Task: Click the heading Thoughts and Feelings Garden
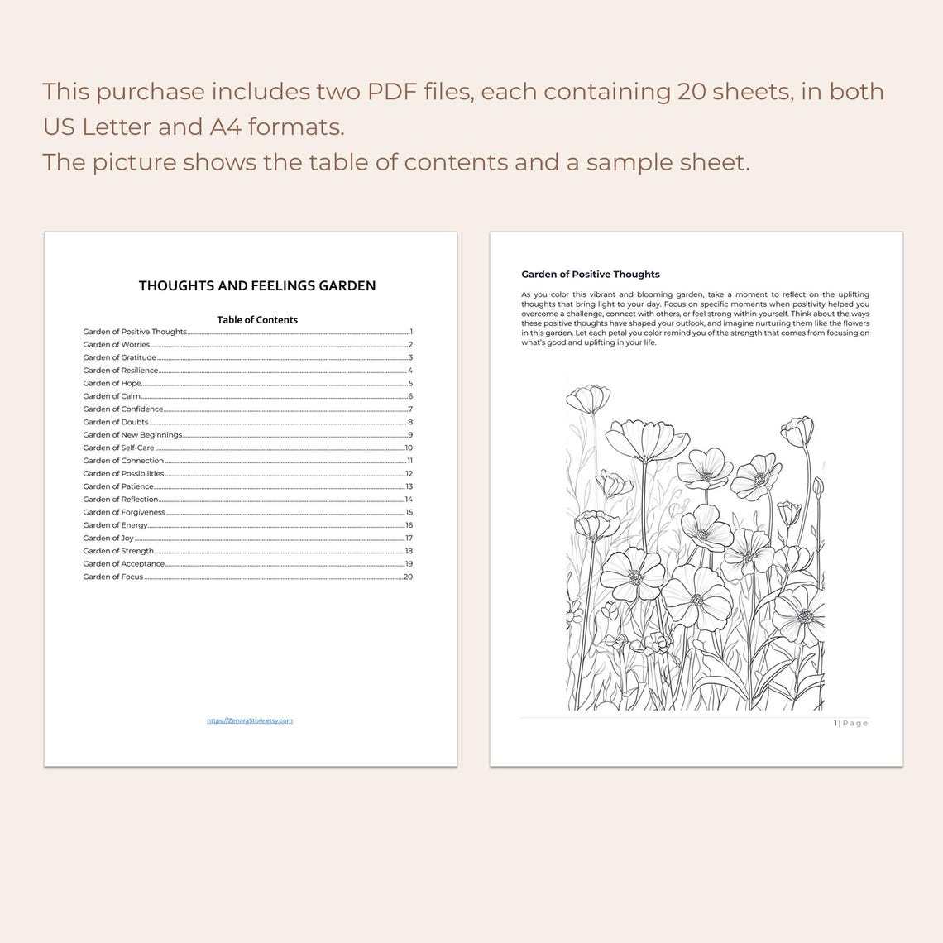257,285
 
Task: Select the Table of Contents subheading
257,319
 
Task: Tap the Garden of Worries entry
117,345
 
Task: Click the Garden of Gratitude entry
120,357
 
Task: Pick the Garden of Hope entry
112,384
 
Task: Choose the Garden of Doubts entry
116,422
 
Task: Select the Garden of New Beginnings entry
132,435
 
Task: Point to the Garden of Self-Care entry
119,448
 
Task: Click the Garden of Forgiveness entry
124,513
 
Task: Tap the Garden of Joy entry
108,539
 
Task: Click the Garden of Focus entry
113,577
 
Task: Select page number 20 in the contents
408,577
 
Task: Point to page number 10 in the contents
409,448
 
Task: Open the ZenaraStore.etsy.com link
250,720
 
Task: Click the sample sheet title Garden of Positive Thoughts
591,274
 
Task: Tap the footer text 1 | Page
851,723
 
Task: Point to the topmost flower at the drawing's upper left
588,399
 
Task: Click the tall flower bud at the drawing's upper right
797,430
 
